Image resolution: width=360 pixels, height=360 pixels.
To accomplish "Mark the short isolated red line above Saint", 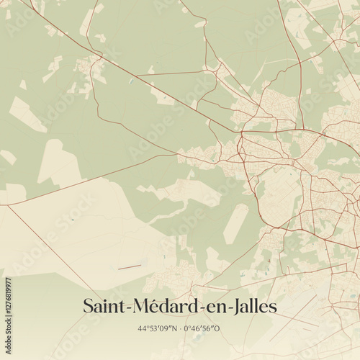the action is (130, 268).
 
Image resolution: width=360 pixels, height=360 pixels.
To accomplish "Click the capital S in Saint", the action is (89, 306).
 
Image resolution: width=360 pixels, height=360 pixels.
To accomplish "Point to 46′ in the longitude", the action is (199, 328).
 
